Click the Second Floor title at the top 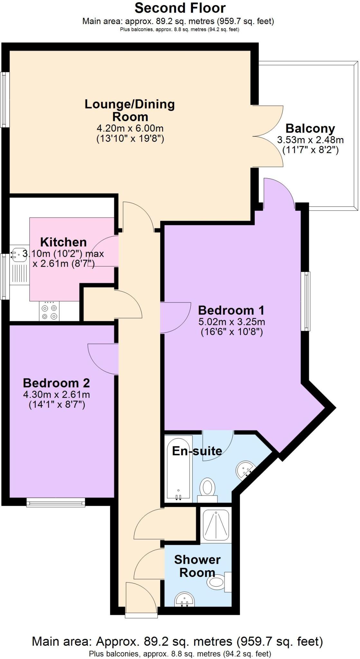[180, 8]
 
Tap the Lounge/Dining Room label [130, 110]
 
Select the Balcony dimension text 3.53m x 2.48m [310, 140]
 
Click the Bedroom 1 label [231, 310]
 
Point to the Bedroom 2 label [56, 383]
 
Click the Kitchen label [63, 242]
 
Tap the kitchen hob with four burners [49, 311]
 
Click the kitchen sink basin [19, 255]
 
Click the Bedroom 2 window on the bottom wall [56, 502]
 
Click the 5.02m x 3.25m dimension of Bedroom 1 [232, 321]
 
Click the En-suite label [197, 451]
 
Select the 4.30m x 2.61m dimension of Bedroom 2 [56, 394]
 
